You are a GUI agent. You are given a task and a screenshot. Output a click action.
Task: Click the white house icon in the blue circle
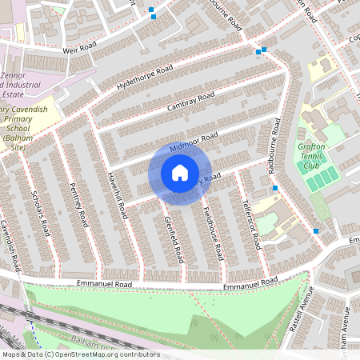point(179,172)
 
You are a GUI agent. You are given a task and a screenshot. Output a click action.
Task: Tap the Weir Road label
point(79,50)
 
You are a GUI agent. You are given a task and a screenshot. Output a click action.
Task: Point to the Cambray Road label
point(191,102)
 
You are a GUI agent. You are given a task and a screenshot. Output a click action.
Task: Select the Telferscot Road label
point(251,224)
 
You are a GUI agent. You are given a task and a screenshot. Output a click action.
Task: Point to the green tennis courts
point(323,178)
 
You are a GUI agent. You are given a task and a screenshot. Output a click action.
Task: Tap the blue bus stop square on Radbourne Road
point(275,188)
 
